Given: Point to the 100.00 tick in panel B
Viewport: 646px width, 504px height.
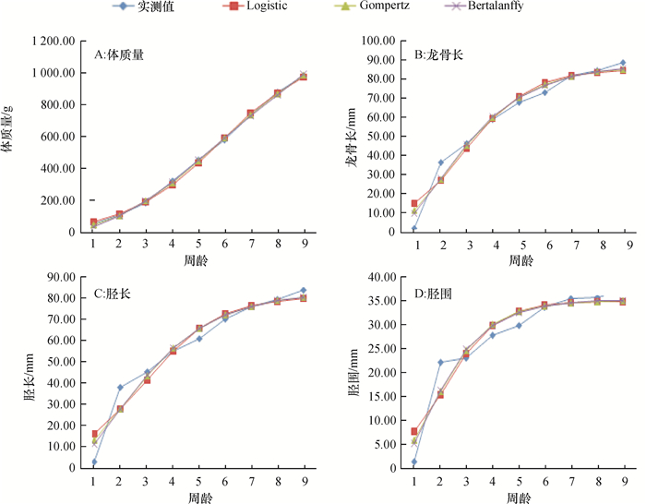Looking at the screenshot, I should click(381, 42).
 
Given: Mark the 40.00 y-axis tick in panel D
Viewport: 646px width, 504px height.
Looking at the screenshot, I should click(381, 277).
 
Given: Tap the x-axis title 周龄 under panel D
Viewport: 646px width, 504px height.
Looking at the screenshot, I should click(520, 497).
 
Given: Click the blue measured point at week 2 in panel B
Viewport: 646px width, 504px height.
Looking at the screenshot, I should click(440, 162).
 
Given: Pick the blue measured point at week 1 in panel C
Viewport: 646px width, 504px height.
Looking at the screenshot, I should click(94, 462).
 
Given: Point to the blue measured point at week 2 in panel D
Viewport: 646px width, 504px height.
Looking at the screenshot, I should click(440, 362).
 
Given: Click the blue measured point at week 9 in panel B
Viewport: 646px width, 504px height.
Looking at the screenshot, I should click(623, 63).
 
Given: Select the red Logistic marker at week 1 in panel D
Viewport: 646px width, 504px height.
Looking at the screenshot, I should click(414, 431).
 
